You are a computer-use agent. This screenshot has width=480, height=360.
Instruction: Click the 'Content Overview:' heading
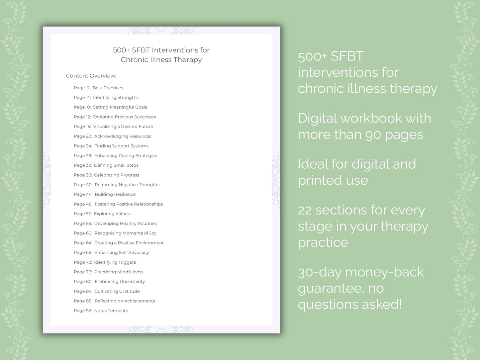(x=91, y=76)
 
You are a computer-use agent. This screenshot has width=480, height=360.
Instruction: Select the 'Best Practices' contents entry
(x=108, y=88)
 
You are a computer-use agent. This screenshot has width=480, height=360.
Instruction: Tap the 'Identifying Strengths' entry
(x=116, y=97)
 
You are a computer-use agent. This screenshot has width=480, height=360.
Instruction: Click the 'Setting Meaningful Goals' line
(x=120, y=107)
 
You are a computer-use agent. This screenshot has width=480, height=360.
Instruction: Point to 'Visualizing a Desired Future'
(x=123, y=127)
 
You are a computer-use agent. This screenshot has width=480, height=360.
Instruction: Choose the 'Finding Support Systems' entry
(x=121, y=146)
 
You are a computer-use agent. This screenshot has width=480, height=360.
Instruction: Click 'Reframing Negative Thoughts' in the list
(x=127, y=185)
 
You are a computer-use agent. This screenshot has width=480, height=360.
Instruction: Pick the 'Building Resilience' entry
(x=115, y=194)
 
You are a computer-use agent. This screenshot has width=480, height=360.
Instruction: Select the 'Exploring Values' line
(x=112, y=214)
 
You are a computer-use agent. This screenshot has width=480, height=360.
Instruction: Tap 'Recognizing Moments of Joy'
(x=125, y=233)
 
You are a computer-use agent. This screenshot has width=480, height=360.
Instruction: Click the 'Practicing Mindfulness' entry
(x=119, y=272)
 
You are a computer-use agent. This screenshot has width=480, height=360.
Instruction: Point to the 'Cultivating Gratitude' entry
(x=117, y=291)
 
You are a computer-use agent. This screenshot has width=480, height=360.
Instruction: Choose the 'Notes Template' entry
(x=111, y=311)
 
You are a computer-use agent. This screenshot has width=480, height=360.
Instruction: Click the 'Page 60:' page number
(x=83, y=233)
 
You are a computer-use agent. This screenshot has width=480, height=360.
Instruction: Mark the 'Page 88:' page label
(x=83, y=301)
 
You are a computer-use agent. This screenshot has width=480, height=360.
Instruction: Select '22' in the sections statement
(x=305, y=210)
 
